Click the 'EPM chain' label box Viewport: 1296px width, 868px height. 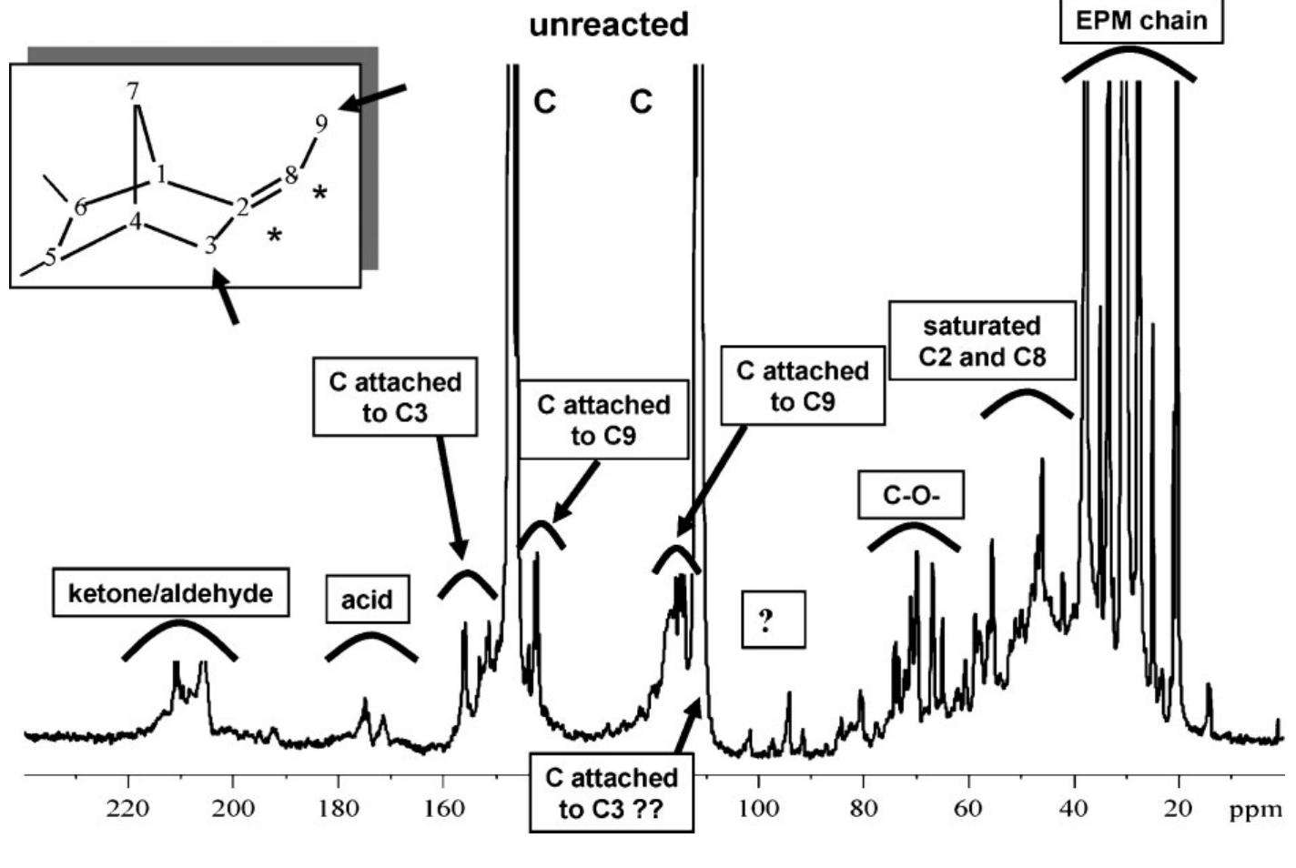1141,21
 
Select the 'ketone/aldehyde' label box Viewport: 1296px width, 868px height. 170,593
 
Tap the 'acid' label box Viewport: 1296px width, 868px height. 367,600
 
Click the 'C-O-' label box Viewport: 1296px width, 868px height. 911,496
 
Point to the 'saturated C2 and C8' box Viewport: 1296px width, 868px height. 982,341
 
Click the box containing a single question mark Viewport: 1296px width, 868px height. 773,620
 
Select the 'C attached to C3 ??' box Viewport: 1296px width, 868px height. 611,792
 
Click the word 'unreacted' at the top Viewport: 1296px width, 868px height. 609,25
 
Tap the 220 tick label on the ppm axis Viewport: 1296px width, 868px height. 127,809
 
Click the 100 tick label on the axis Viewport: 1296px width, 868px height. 757,809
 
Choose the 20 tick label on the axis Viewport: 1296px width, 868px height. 1179,809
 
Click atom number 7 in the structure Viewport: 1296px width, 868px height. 134,91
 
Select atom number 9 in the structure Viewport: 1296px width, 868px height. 320,125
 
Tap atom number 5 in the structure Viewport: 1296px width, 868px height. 51,257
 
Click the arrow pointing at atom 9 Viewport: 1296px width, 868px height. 373,97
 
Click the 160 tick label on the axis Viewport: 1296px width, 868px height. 442,809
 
